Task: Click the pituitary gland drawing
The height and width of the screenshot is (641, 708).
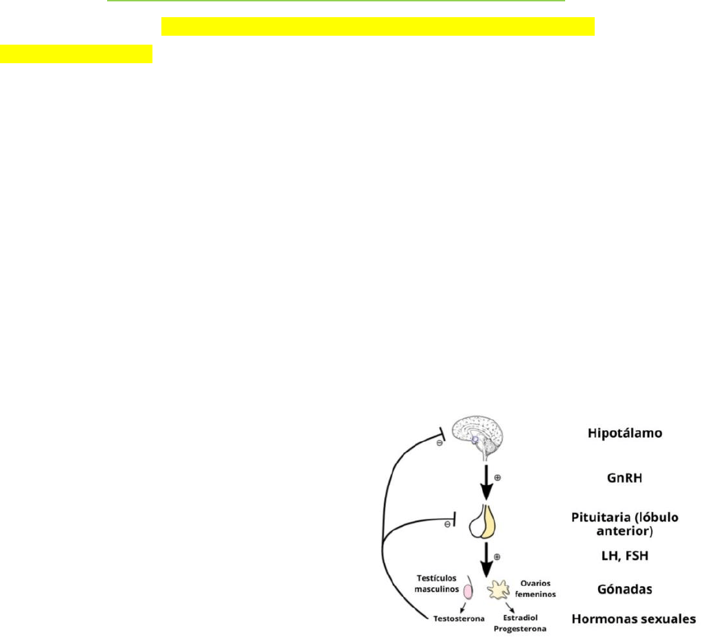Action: tap(483, 523)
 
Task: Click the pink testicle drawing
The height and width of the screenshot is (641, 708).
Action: tap(469, 590)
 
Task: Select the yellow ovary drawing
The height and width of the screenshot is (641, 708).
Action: tap(499, 589)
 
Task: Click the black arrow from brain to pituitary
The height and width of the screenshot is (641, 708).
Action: tap(487, 484)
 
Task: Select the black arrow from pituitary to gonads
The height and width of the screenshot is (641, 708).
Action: tap(487, 560)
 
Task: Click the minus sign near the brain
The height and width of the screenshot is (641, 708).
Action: tap(438, 443)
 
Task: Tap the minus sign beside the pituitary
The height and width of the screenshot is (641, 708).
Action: tap(448, 524)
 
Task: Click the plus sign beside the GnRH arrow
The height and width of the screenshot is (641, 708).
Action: tap(497, 475)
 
